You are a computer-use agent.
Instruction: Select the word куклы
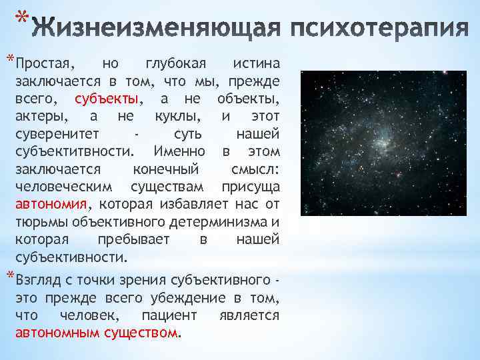(175, 116)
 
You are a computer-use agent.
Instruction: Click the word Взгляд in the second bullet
(39, 279)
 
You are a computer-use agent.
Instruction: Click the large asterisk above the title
(21, 15)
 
